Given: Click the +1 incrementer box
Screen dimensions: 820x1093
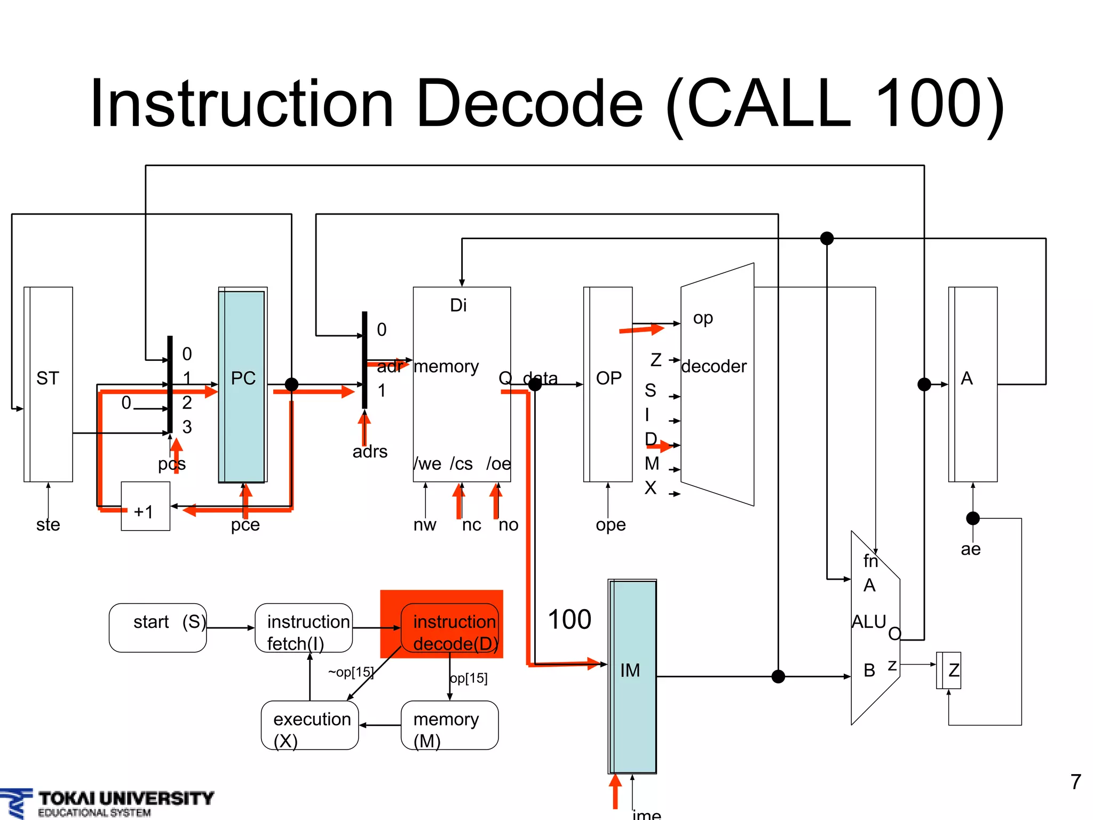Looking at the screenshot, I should click(145, 506).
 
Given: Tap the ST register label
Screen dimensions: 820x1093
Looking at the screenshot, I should click(47, 378).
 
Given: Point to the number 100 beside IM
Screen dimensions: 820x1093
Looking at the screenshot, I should click(569, 619).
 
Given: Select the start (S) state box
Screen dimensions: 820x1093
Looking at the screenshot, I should click(157, 628).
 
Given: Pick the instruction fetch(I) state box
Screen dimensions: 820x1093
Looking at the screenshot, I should click(303, 628).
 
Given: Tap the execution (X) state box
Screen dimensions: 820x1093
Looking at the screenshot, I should click(310, 725).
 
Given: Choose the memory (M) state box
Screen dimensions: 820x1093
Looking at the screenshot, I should click(449, 725).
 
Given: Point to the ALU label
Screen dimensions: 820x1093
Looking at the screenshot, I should click(868, 622).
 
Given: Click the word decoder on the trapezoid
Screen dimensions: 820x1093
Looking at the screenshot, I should click(714, 366).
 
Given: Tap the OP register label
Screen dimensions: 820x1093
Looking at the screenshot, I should click(608, 378).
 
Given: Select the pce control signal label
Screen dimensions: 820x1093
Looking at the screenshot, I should click(245, 524).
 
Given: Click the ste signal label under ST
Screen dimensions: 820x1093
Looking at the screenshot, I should click(48, 524).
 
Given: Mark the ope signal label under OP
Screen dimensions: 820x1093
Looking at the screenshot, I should click(611, 524).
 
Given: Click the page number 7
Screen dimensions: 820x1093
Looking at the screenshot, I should click(1075, 782).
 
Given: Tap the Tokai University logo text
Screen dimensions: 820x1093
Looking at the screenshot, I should click(126, 799).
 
